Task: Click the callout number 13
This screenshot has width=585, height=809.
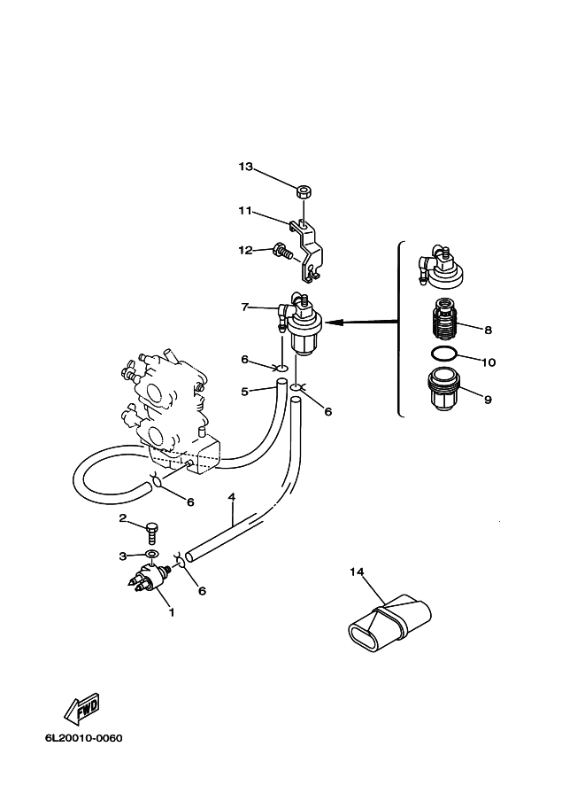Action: [x=245, y=167]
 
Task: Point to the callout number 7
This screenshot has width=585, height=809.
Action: [x=245, y=307]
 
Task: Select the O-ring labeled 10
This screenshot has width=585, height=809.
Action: [x=443, y=354]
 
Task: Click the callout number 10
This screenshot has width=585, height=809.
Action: [x=489, y=362]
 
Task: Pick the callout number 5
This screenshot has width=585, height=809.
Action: [x=245, y=392]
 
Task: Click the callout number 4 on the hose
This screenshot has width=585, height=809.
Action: [x=231, y=497]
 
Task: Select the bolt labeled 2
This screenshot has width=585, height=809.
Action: [x=151, y=533]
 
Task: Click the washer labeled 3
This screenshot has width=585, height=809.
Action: [x=151, y=554]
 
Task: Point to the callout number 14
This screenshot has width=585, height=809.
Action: [x=357, y=572]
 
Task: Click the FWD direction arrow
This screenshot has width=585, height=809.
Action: [x=81, y=709]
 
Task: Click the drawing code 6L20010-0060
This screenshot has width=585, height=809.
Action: [x=84, y=738]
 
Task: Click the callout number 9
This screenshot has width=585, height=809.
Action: [x=488, y=400]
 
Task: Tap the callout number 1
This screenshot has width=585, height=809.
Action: [x=172, y=612]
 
